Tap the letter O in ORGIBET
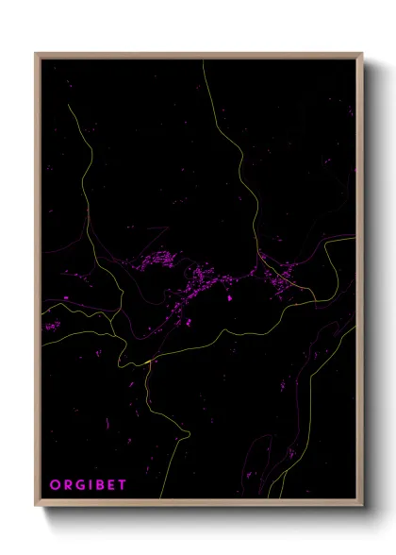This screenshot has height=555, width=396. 55,485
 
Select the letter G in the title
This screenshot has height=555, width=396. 82,485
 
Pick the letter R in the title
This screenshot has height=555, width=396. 68,485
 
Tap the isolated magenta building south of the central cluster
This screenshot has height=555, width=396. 230,298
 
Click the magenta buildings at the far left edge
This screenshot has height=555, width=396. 51,326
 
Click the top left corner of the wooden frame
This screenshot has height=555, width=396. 36,54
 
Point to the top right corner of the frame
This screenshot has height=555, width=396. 362,54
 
